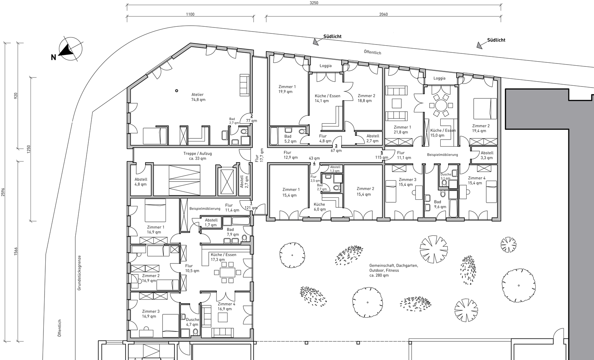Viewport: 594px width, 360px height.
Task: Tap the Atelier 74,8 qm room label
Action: point(198,97)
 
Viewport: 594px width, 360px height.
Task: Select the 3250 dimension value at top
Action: point(314,3)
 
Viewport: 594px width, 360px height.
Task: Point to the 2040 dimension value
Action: point(383,14)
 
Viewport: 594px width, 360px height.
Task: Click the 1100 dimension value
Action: point(190,14)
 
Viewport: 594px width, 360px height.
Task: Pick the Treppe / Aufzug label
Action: point(197,156)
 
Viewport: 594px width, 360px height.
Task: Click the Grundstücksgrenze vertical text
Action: point(79,273)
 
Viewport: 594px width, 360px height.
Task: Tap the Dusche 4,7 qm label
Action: point(192,322)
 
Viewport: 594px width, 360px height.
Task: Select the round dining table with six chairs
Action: point(441,105)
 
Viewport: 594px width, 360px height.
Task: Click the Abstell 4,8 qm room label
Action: point(141,182)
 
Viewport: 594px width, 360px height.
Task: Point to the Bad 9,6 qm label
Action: point(440,204)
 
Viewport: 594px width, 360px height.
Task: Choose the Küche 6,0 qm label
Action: point(320,207)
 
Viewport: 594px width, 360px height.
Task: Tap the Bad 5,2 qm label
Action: point(290,139)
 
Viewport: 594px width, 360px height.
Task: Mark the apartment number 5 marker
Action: point(382,153)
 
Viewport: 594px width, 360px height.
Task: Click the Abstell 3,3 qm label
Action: point(487,155)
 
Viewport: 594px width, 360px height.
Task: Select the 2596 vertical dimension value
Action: point(3,192)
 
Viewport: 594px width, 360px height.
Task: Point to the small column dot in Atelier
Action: point(177,91)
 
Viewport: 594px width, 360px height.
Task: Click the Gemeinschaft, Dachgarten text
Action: point(394,265)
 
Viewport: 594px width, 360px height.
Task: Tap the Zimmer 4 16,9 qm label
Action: point(226,307)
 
